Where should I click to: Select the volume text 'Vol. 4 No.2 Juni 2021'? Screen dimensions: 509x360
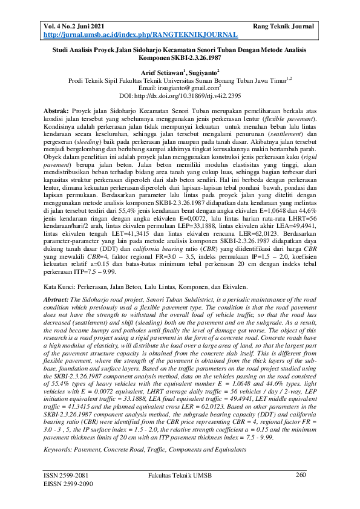point(76,27)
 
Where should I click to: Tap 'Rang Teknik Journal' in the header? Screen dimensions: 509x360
point(283,27)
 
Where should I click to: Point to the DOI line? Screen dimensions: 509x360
point(180,96)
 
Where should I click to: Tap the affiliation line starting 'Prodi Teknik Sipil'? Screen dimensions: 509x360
point(180,80)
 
